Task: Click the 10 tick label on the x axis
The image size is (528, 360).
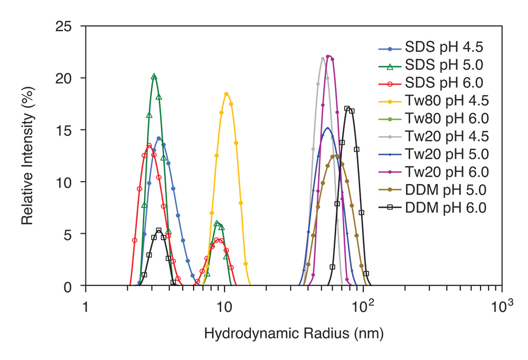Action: coord(224,307)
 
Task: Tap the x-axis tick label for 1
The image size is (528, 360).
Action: coord(86,307)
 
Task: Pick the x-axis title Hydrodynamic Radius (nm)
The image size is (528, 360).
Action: coord(294,334)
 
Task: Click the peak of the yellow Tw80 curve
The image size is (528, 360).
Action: coord(227,94)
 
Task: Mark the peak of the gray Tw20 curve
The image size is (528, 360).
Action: coord(323,58)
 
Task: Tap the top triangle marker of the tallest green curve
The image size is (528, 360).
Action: coord(154,77)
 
